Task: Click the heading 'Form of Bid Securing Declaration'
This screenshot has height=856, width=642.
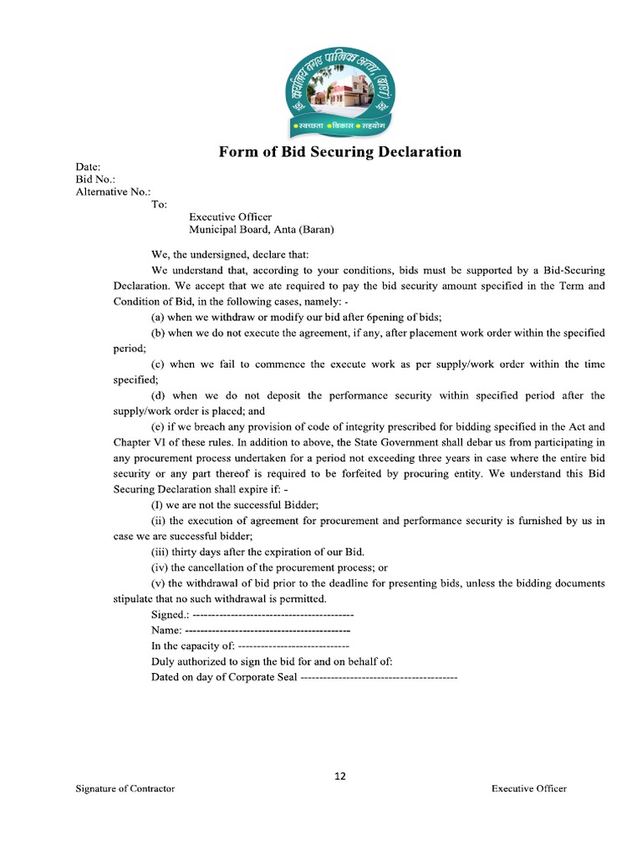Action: pos(339,152)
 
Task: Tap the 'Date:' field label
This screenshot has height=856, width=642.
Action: pos(88,167)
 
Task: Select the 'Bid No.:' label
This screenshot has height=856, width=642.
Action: pos(95,179)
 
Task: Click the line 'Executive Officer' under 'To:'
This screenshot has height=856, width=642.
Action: pos(230,217)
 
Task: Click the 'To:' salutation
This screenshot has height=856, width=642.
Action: pos(159,204)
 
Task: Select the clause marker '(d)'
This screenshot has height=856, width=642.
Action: pos(157,395)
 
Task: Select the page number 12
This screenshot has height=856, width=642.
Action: pos(340,776)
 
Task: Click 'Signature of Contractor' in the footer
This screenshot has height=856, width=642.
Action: pos(125,789)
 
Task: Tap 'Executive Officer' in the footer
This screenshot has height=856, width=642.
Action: pos(528,789)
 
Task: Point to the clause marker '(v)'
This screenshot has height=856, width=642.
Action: pos(158,583)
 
